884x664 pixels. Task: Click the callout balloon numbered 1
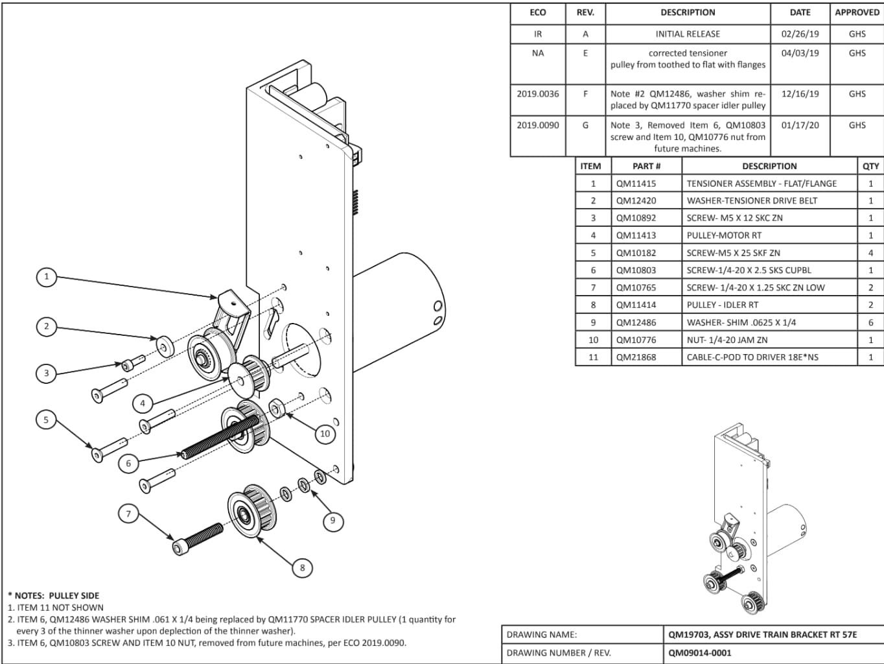(46, 277)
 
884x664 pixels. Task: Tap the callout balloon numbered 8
(303, 568)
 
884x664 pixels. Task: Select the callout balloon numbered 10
(325, 434)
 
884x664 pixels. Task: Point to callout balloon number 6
(128, 464)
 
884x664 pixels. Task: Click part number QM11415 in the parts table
(636, 184)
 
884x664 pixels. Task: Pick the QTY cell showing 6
(870, 322)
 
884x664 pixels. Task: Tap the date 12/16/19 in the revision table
(800, 94)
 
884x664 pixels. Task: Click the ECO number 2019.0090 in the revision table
(538, 125)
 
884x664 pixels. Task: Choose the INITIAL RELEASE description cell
(688, 34)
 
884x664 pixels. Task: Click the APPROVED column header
(857, 12)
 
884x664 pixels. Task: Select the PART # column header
(646, 166)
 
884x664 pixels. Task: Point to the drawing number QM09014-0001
(699, 653)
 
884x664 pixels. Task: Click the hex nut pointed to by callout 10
(277, 408)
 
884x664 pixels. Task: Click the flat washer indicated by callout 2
(165, 346)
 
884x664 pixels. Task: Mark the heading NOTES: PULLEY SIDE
(53, 595)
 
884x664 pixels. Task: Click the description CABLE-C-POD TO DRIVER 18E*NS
(752, 357)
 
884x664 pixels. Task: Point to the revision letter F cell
(585, 94)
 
